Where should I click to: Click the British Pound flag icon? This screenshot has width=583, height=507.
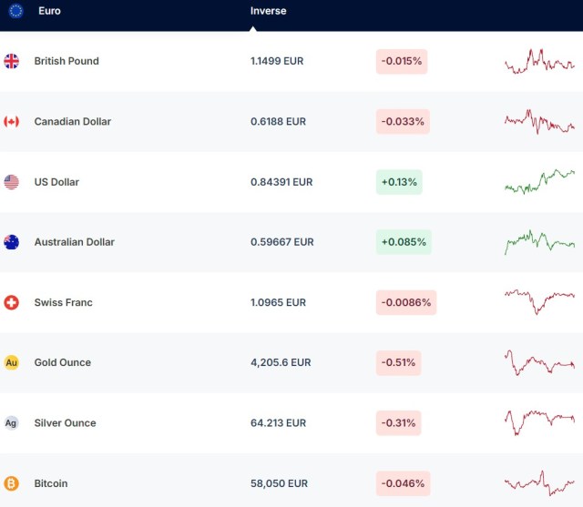11,61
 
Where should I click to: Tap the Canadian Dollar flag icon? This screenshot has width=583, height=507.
11,121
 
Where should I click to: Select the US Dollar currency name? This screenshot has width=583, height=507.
56,182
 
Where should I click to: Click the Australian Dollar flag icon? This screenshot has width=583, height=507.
11,242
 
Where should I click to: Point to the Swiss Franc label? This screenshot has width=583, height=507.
63,302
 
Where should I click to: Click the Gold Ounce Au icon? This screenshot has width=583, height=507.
11,362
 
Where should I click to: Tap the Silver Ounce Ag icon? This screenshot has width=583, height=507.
11,422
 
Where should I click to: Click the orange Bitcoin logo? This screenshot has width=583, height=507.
11,483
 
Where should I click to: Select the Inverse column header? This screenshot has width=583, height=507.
268,11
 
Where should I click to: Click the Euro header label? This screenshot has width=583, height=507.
49,11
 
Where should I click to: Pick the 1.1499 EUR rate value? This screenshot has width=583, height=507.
277,61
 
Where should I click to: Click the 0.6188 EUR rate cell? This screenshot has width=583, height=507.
278,121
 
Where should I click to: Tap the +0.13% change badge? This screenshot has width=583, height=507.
399,182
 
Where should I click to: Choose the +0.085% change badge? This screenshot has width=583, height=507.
404,242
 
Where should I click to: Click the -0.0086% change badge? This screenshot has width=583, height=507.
406,302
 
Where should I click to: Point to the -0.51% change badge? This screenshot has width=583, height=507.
398,362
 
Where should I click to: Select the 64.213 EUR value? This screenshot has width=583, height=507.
278,422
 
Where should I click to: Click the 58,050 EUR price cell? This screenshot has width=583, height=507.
279,483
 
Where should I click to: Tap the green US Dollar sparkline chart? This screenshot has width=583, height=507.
539,181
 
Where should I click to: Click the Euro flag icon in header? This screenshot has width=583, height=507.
15,11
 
